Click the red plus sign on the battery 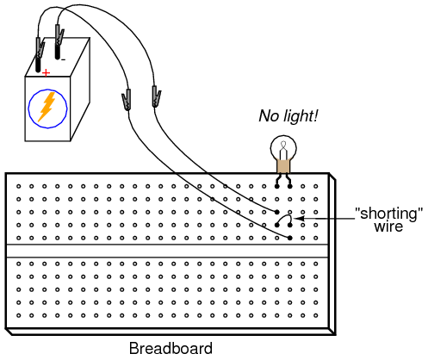pyautogui.click(x=46, y=73)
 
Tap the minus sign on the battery pyautogui.click(x=64, y=59)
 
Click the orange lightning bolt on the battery pyautogui.click(x=47, y=107)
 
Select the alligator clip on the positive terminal pyautogui.click(x=40, y=48)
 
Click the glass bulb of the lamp pyautogui.click(x=283, y=148)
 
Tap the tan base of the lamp pyautogui.click(x=283, y=166)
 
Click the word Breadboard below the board pyautogui.click(x=171, y=348)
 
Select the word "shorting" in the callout pyautogui.click(x=389, y=214)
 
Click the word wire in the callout pyautogui.click(x=388, y=227)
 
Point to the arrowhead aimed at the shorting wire pyautogui.click(x=299, y=219)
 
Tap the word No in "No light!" pyautogui.click(x=269, y=115)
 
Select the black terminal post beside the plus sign pyautogui.click(x=38, y=65)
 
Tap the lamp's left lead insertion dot pyautogui.click(x=277, y=186)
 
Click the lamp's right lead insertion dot pyautogui.click(x=290, y=186)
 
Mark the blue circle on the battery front pyautogui.click(x=48, y=90)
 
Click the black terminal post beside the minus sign pyautogui.click(x=58, y=53)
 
